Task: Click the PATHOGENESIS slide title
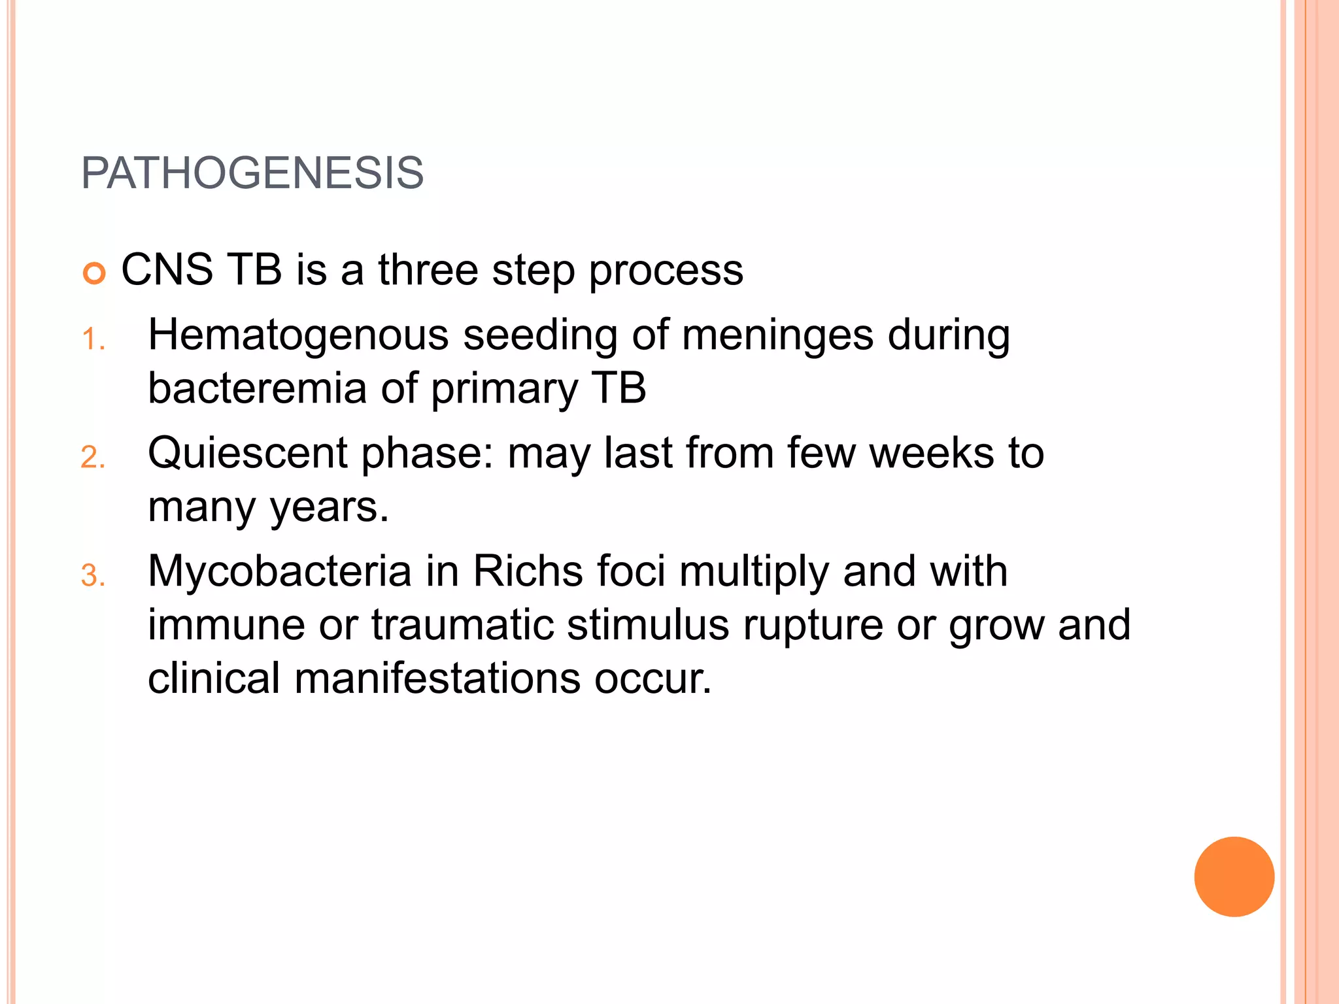[x=252, y=173]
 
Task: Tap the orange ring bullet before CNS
[x=94, y=273]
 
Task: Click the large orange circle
[x=1234, y=877]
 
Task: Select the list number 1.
[x=93, y=340]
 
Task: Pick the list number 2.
[x=93, y=458]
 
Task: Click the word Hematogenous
[x=298, y=336]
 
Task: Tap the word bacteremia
[x=257, y=389]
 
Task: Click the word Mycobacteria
[x=280, y=571]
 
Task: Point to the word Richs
[x=528, y=571]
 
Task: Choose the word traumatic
[x=462, y=625]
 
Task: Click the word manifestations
[x=437, y=678]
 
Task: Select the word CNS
[x=167, y=269]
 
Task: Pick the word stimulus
[x=648, y=625]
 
